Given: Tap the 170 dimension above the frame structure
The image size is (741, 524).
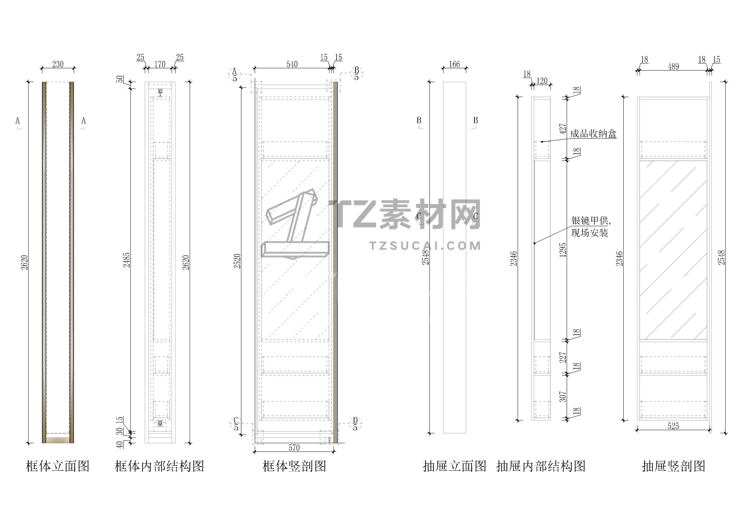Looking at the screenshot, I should click(160, 64).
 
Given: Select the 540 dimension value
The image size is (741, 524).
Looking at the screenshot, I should click(292, 64).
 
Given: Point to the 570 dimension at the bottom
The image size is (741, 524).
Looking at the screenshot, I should click(294, 448).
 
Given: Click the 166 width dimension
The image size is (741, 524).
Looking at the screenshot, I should click(454, 64).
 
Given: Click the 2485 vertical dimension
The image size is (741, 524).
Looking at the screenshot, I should click(127, 260).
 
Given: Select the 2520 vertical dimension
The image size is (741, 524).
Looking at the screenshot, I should click(237, 261).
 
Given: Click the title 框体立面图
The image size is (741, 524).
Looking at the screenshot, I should click(58, 466).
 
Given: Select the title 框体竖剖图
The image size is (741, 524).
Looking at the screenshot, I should click(294, 466).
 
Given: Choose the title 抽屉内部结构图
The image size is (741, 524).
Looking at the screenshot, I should click(541, 466).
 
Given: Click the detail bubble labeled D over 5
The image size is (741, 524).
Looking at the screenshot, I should click(355, 424).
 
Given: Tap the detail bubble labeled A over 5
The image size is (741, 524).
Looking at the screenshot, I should click(235, 74).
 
